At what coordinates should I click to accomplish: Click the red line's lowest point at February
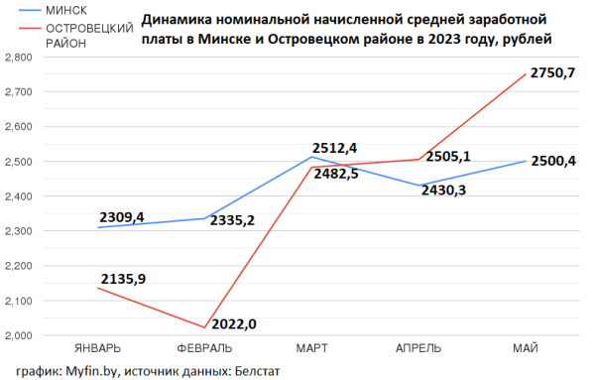tap(204, 327)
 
